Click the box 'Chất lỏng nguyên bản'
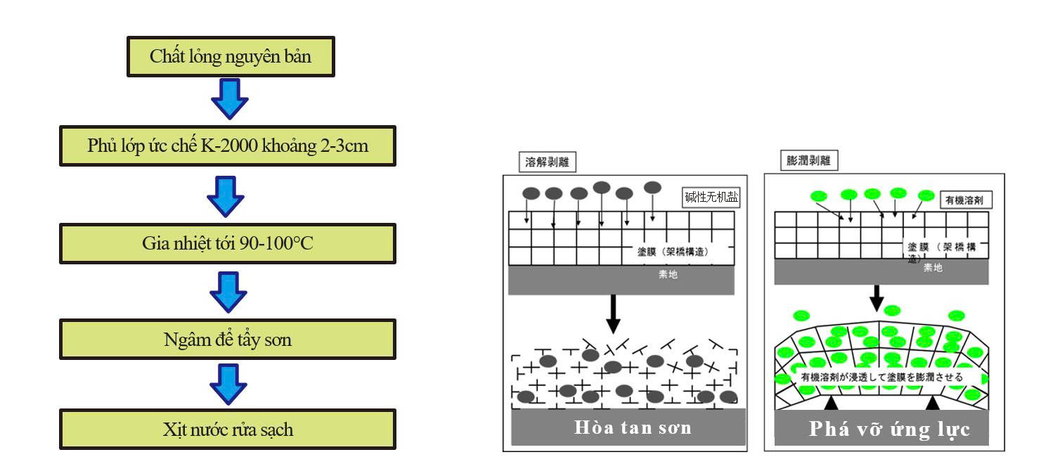click(230, 57)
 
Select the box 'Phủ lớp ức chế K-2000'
click(228, 146)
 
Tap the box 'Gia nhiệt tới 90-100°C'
click(228, 243)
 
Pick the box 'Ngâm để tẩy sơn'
click(228, 340)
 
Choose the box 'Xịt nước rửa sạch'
click(228, 429)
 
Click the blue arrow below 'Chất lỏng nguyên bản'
click(230, 98)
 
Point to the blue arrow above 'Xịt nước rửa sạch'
click(228, 383)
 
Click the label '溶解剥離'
click(548, 162)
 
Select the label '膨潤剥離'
click(809, 160)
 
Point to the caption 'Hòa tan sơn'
click(633, 427)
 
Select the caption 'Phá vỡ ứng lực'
click(889, 429)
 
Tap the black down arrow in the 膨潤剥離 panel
click(877, 297)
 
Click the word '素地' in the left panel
click(668, 275)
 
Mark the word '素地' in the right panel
click(933, 268)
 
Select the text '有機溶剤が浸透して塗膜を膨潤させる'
click(881, 377)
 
